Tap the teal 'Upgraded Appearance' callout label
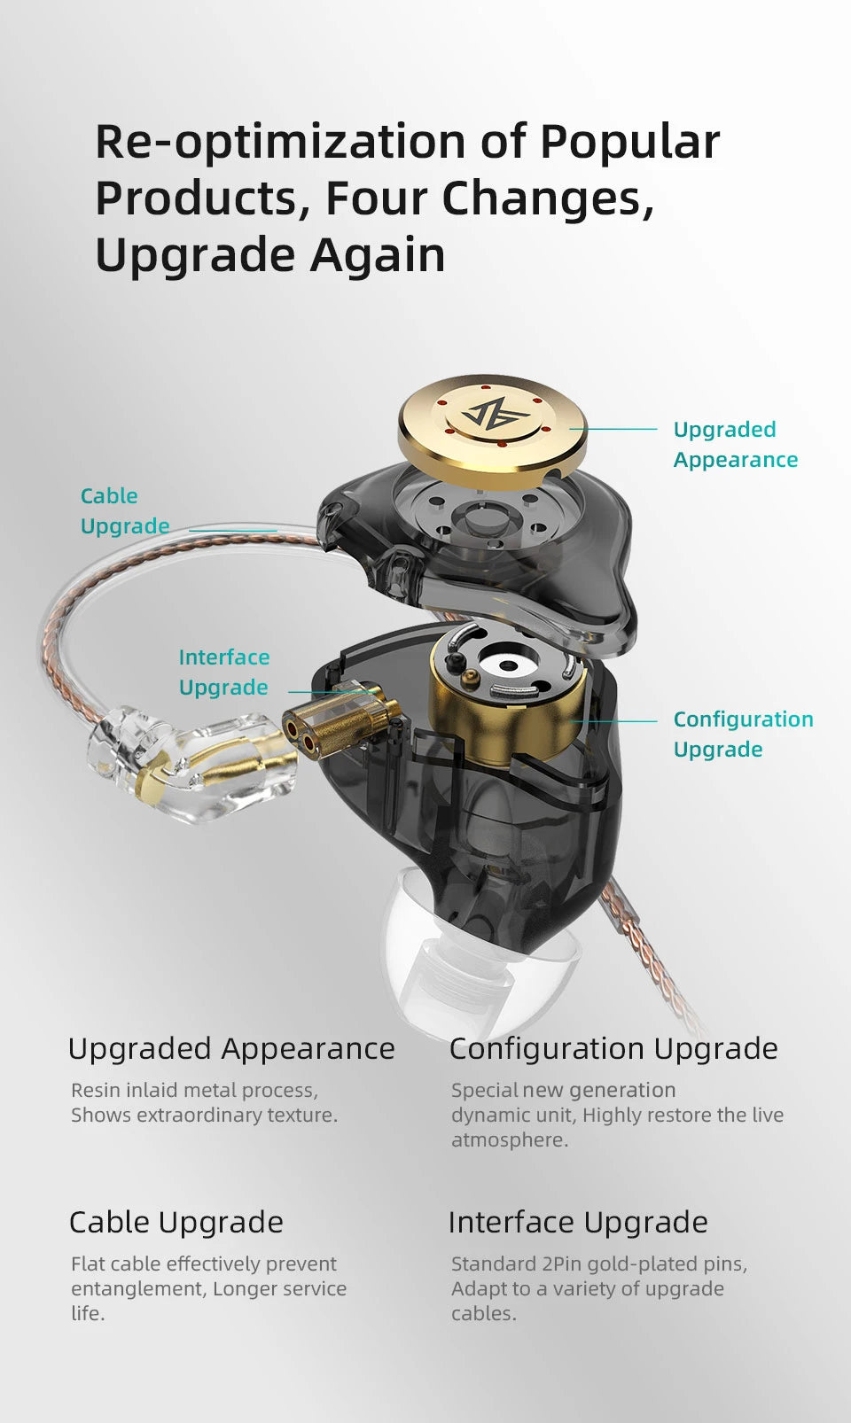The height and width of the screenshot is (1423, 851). pyautogui.click(x=736, y=444)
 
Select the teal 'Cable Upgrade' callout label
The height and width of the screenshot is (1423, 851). pyautogui.click(x=125, y=510)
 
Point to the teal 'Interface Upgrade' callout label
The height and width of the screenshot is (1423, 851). pyautogui.click(x=223, y=673)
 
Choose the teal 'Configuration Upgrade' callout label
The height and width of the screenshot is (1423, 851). pyautogui.click(x=743, y=734)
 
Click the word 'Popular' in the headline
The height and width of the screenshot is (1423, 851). pyautogui.click(x=630, y=143)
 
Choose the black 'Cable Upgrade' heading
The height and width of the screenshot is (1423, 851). pyautogui.click(x=176, y=1222)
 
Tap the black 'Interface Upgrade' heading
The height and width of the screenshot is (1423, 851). pyautogui.click(x=578, y=1222)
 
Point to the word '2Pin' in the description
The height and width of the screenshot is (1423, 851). pyautogui.click(x=562, y=1264)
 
